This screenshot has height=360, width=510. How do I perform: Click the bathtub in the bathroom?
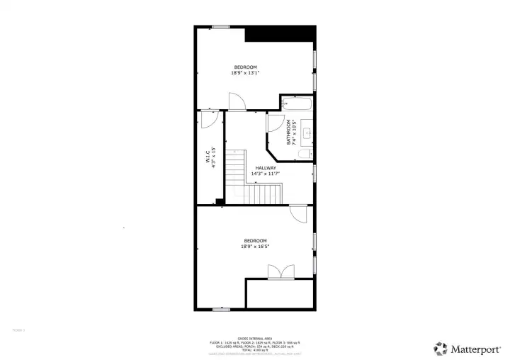[297, 104]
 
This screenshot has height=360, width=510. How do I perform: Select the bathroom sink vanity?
[307, 132]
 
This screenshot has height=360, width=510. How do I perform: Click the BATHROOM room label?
[288, 131]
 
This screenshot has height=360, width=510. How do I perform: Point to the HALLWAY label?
[266, 168]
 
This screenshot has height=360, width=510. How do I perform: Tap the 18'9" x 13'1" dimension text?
[245, 72]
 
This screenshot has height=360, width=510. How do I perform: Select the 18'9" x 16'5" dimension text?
[255, 246]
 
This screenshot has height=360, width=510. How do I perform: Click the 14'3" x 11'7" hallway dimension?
[266, 174]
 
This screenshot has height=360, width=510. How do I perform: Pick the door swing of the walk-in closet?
[208, 120]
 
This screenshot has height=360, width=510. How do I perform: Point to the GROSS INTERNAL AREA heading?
[254, 338]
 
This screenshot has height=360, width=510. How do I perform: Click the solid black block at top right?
[280, 34]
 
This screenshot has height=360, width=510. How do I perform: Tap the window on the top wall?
[220, 27]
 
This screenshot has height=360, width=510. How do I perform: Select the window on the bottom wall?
[221, 309]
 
